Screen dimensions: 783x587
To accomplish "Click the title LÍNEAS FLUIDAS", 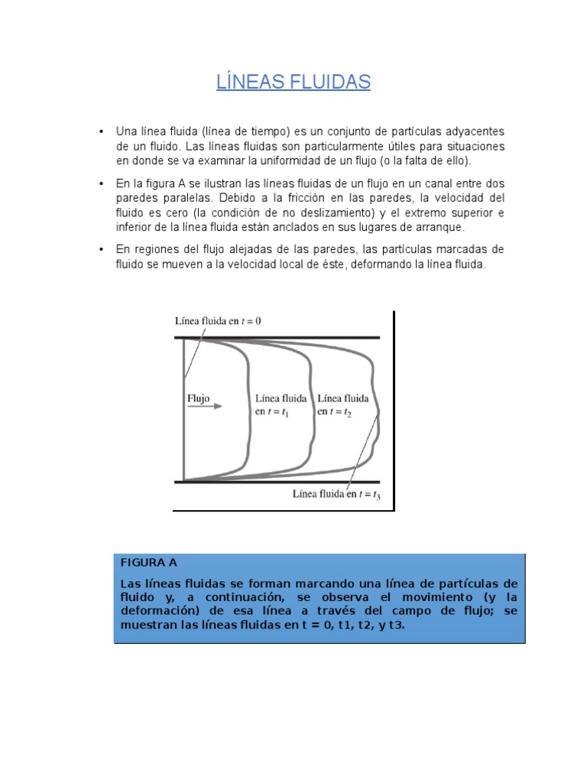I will click(x=293, y=82).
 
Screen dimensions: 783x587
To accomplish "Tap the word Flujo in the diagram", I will click(x=198, y=398).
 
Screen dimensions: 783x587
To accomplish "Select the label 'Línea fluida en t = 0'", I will click(x=218, y=321).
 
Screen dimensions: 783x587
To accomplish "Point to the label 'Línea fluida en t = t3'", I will click(x=337, y=494).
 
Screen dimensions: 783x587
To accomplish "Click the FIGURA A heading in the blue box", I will click(x=148, y=562).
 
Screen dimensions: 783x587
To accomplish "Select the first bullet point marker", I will click(x=101, y=132).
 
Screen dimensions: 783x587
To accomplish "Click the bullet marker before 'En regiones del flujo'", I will click(x=101, y=250).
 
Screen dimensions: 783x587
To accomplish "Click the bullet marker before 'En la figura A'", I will click(x=101, y=184).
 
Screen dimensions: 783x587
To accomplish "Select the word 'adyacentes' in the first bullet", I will click(x=476, y=132).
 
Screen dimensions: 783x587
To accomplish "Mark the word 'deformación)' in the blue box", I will click(x=154, y=610).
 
